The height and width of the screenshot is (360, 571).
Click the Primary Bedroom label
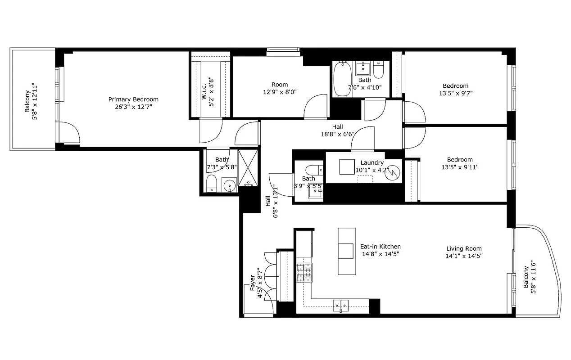click(x=133, y=99)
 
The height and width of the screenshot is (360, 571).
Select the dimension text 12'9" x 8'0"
click(x=280, y=92)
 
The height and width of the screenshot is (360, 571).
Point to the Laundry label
click(x=372, y=162)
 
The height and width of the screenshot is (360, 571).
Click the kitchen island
click(x=346, y=251)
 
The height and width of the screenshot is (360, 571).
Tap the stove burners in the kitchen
click(x=304, y=272)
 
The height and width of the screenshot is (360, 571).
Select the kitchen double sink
click(x=341, y=305)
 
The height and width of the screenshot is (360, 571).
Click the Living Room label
click(x=464, y=248)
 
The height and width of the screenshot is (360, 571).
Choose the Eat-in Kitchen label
click(x=380, y=247)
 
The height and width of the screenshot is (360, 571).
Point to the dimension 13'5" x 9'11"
click(x=460, y=167)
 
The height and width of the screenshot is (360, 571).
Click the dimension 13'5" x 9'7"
click(x=455, y=93)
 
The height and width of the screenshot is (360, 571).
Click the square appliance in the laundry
click(x=347, y=166)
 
